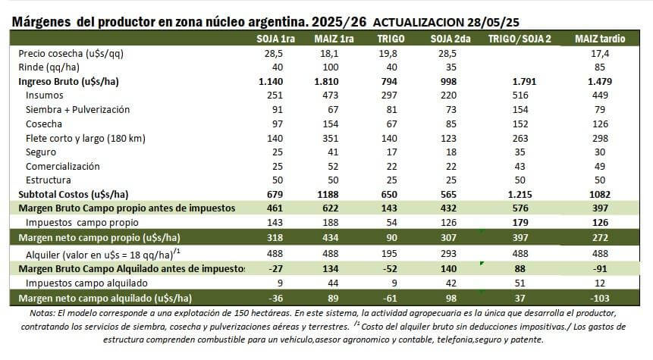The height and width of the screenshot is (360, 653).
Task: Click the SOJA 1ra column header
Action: [277, 39]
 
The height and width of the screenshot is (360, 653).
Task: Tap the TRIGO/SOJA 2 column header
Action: [520, 39]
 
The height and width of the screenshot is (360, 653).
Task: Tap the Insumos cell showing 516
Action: [520, 95]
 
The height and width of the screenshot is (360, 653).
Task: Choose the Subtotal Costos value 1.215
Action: [520, 194]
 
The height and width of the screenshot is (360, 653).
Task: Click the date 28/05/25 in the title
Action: [498, 23]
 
